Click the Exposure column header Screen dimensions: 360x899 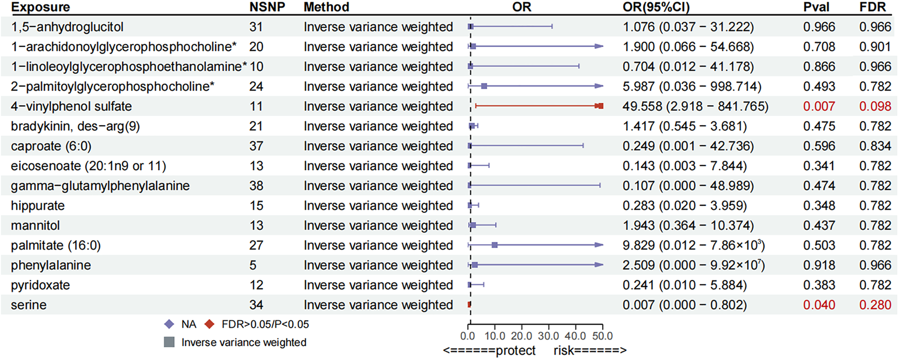point(41,7)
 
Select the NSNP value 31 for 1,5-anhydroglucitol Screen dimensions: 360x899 point(256,27)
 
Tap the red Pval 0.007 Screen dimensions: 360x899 point(819,106)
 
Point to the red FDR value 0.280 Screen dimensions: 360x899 point(875,305)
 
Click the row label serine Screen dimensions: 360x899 point(29,305)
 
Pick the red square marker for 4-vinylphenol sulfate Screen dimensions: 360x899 point(600,106)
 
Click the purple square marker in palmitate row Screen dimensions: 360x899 point(495,245)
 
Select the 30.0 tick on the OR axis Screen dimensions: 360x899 point(548,336)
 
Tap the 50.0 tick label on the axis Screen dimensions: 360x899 point(602,336)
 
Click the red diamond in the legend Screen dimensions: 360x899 point(210,324)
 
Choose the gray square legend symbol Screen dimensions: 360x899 point(169,342)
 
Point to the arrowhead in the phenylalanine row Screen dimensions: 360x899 point(599,265)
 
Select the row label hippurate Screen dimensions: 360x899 point(38,206)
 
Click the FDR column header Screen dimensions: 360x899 point(872,7)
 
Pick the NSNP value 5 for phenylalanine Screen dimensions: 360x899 point(253,265)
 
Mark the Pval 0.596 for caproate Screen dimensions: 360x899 point(819,146)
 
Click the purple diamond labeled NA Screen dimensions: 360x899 point(169,324)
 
